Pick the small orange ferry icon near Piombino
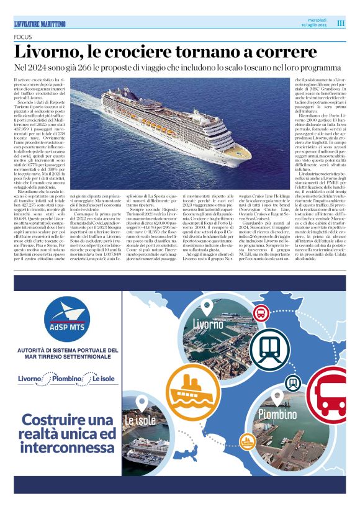(247, 442)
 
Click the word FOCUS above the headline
(23, 37)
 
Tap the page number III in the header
(341, 24)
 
